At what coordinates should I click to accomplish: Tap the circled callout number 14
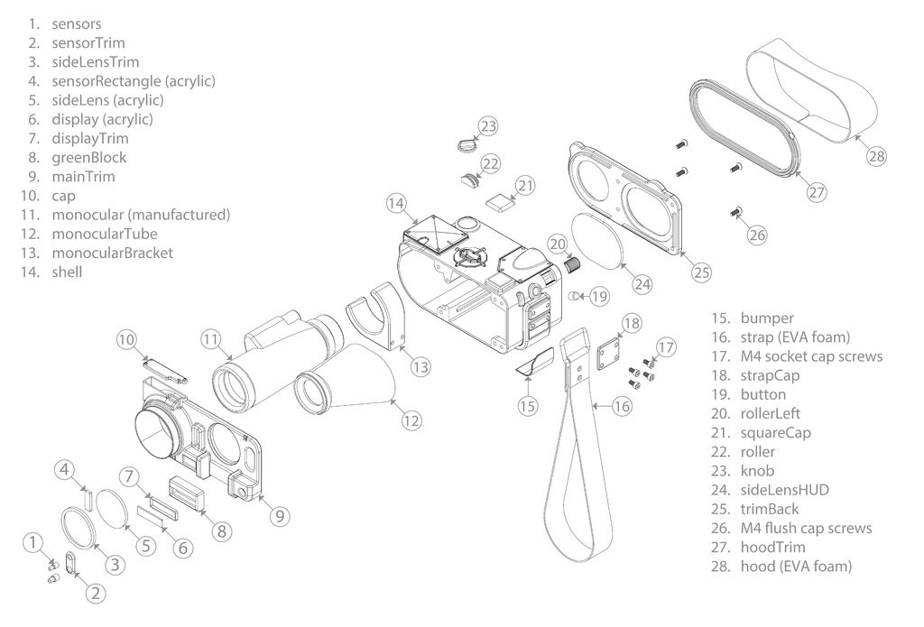pos(396,203)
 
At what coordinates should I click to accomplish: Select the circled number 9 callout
pos(279,515)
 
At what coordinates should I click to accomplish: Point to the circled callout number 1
pos(32,542)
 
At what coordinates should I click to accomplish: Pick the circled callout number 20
pos(558,244)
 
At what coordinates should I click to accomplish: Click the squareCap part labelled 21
pos(497,199)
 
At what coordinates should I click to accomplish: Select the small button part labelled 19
pos(575,297)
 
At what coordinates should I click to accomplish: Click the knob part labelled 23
pos(466,142)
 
